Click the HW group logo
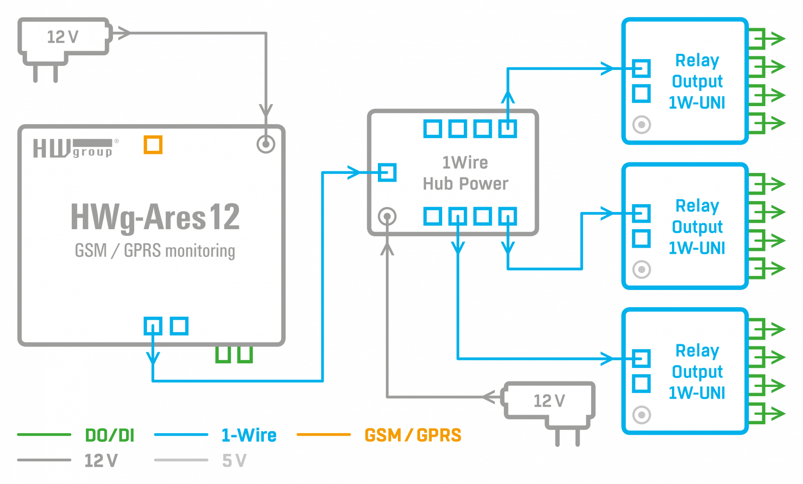(x=73, y=148)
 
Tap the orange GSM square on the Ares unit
(x=153, y=145)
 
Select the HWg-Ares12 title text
(x=155, y=217)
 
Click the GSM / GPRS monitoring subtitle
(x=155, y=250)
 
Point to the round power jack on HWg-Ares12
(x=265, y=144)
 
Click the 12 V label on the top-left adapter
(x=63, y=37)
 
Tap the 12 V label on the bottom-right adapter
(x=549, y=401)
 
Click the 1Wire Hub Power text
(x=465, y=173)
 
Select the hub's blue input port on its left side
(x=387, y=172)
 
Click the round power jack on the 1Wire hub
(x=387, y=217)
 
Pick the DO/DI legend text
(x=109, y=435)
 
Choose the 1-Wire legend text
(x=249, y=435)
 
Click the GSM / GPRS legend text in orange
(x=413, y=435)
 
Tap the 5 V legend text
(x=234, y=461)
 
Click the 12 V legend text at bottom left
(x=100, y=461)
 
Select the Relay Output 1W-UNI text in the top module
(x=697, y=81)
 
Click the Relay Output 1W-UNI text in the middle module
(x=697, y=227)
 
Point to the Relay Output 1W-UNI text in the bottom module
(x=697, y=371)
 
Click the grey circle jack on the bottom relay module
(x=641, y=415)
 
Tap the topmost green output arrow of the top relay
(x=768, y=38)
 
